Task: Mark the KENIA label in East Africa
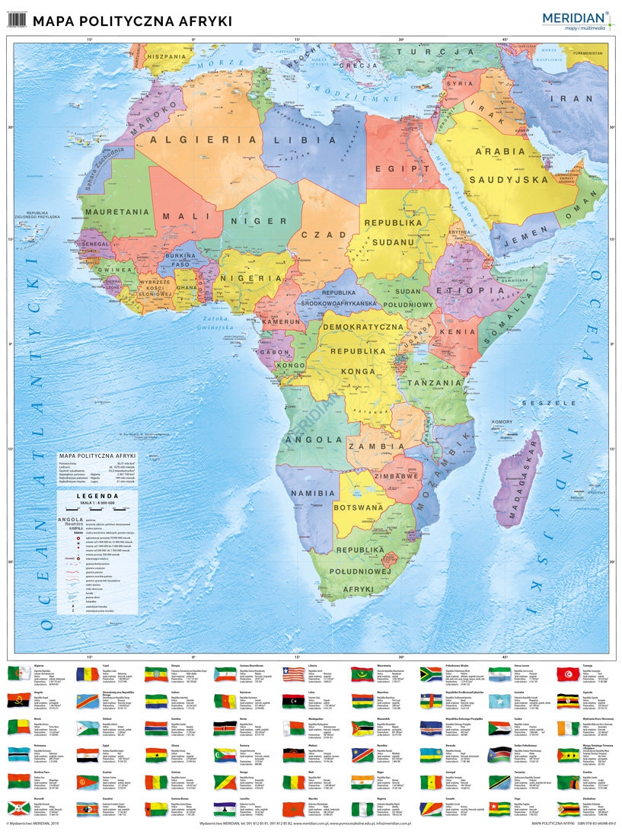[x=457, y=332]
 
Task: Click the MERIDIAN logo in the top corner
[x=576, y=19]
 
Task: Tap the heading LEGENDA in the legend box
[x=97, y=496]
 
